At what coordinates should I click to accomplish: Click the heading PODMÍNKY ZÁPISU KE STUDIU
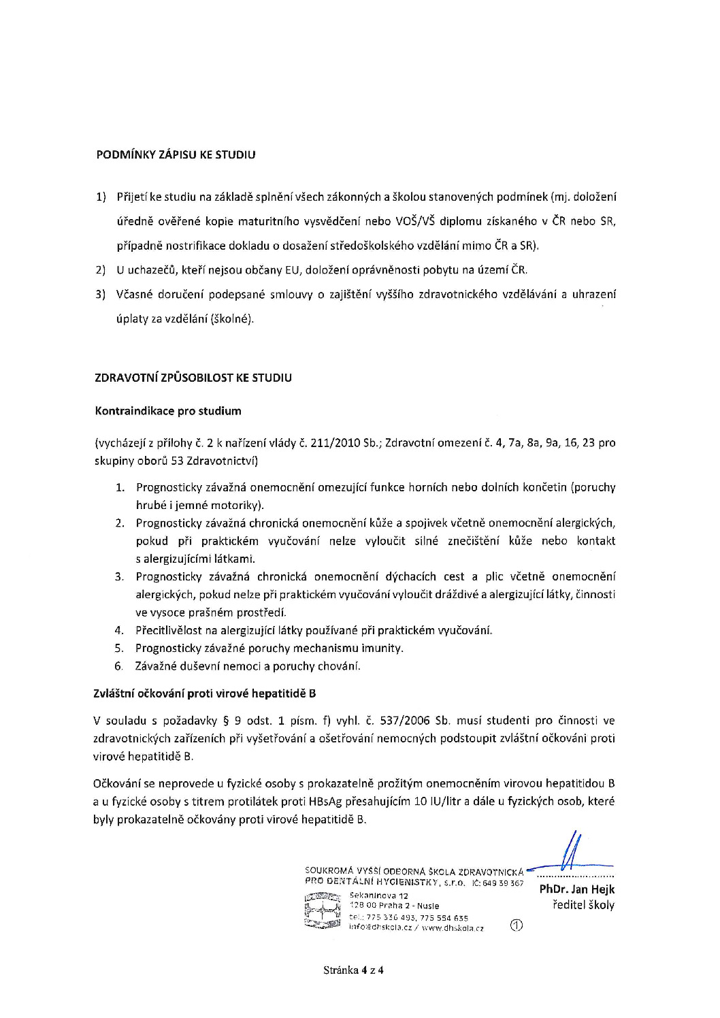[x=176, y=155]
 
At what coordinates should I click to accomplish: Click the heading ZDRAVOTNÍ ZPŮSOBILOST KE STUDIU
[x=193, y=378]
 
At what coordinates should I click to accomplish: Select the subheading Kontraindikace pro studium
[x=167, y=411]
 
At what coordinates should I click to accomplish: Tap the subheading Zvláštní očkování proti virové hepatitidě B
[x=204, y=694]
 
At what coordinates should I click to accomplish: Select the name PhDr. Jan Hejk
[x=576, y=889]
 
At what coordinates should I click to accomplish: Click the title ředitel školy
[x=585, y=905]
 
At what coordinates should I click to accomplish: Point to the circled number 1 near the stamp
[x=516, y=925]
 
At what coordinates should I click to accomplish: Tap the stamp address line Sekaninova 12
[x=378, y=896]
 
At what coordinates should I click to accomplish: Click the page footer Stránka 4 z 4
[x=354, y=970]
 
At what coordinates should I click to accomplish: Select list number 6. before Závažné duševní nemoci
[x=119, y=666]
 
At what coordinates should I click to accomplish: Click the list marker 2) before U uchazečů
[x=100, y=270]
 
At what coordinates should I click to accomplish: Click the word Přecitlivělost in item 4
[x=167, y=630]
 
